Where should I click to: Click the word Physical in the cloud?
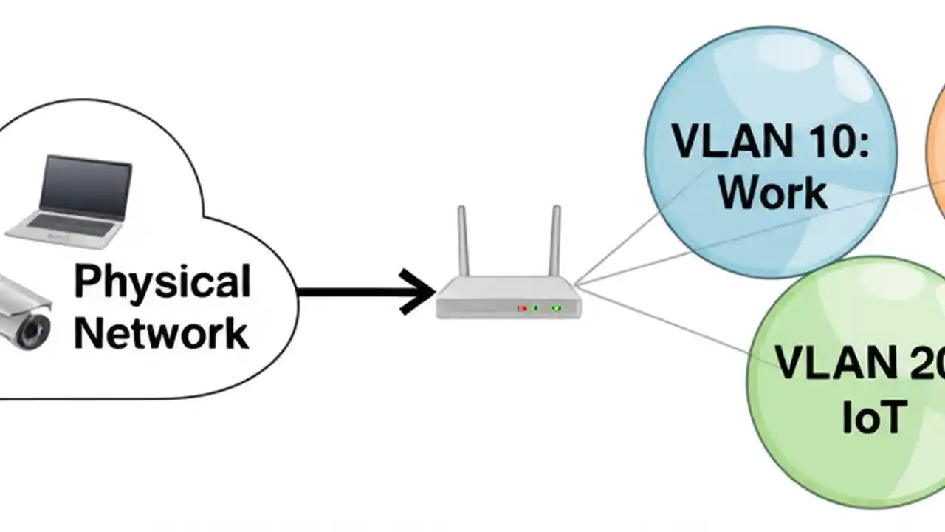tap(162, 282)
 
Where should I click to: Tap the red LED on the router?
tap(522, 307)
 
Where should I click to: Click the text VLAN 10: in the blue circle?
tap(770, 140)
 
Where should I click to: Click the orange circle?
tap(936, 155)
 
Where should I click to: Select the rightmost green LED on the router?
tap(556, 307)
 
